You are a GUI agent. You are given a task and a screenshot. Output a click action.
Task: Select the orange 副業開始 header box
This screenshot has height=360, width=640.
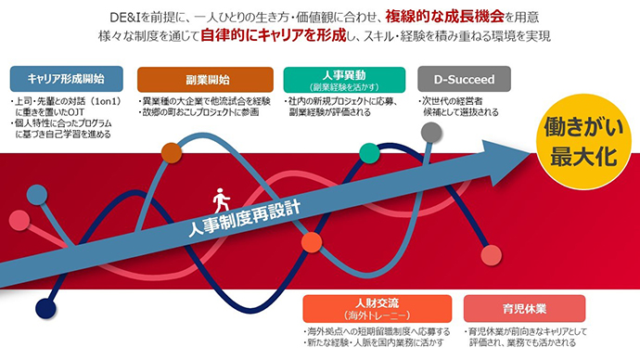(x=200, y=79)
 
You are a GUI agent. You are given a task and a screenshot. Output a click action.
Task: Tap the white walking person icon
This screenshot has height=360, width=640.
(x=221, y=199)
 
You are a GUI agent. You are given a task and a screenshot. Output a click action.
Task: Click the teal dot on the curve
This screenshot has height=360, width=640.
(x=368, y=152)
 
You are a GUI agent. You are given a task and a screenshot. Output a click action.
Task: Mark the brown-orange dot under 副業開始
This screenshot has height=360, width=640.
(x=171, y=152)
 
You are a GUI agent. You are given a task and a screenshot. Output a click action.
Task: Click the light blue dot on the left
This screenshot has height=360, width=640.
(x=36, y=194)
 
